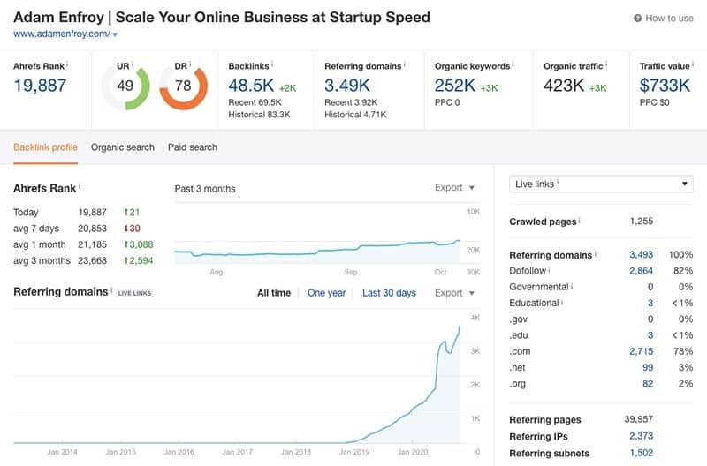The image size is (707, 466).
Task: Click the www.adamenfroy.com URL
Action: [x=61, y=34]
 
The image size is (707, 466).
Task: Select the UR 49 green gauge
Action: [x=125, y=86]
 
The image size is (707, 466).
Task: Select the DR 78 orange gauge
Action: [x=183, y=86]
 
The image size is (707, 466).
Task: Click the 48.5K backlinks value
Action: [x=250, y=86]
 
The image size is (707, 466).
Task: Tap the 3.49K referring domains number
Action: [x=346, y=86]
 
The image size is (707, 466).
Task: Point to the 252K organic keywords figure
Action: [x=456, y=86]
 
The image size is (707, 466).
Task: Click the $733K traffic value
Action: [x=665, y=86]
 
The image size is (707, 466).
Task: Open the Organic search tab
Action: [x=122, y=147]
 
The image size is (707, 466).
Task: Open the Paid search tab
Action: [x=193, y=147]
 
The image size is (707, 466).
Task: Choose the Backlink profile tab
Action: [x=45, y=147]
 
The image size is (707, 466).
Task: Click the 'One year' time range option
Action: [x=326, y=293]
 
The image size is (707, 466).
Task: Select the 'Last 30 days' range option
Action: [x=389, y=293]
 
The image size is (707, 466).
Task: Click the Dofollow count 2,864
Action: [x=641, y=271]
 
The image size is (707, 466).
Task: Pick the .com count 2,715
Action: [x=641, y=351]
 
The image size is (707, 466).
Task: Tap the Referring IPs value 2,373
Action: [x=641, y=437]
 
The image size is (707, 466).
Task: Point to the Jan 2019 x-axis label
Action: [x=353, y=452]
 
